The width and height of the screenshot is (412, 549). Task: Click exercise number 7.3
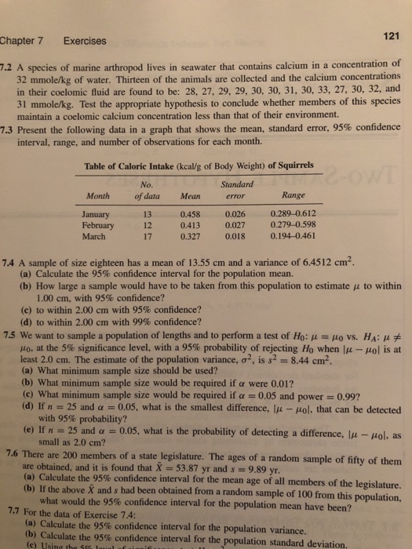pyautogui.click(x=10, y=127)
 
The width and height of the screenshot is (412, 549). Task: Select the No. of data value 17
pyautogui.click(x=144, y=235)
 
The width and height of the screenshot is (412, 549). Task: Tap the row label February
pyautogui.click(x=99, y=224)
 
